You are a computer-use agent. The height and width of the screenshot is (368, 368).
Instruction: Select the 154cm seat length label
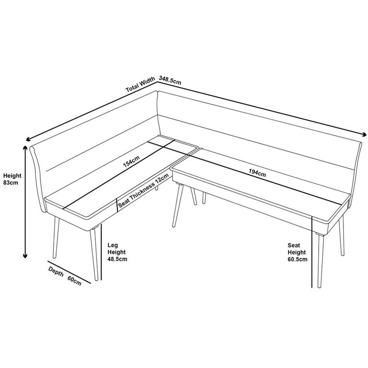click(x=131, y=162)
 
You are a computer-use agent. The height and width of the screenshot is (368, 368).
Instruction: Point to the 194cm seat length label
click(x=257, y=173)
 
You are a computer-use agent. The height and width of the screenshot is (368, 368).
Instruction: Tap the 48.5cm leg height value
click(x=117, y=259)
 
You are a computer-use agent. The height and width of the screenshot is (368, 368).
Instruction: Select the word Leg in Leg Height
click(x=112, y=244)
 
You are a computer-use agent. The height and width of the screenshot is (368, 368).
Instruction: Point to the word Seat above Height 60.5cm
click(x=293, y=244)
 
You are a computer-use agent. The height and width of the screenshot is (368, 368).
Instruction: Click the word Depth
click(x=56, y=271)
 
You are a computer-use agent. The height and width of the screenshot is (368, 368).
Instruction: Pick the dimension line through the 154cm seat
click(x=115, y=177)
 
